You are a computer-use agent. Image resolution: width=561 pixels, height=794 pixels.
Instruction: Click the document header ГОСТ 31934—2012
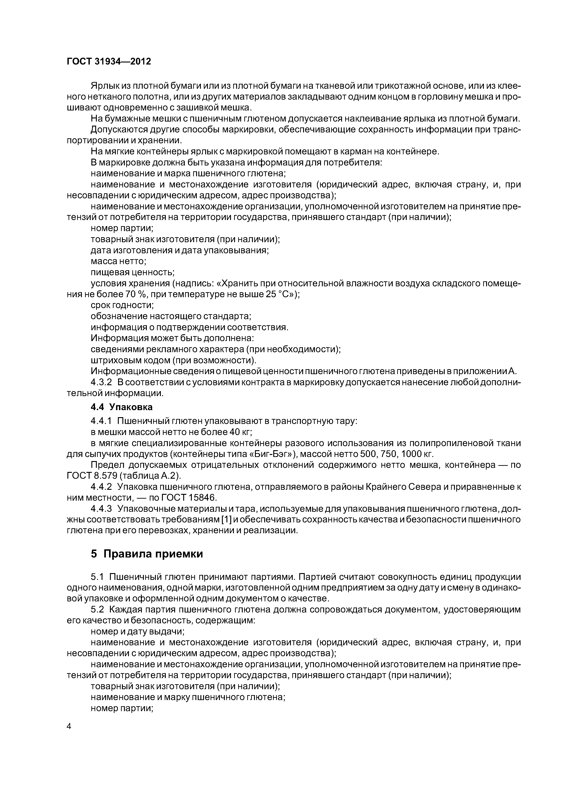(x=109, y=62)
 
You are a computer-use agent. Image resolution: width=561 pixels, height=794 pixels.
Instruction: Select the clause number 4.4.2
(x=101, y=487)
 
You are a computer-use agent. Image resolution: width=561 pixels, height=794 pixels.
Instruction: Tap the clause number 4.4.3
(x=101, y=509)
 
